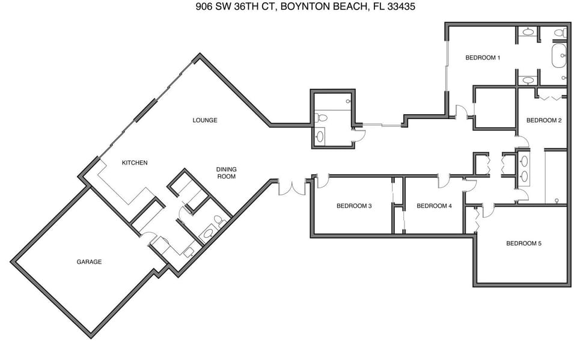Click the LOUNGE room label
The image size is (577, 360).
pos(204,120)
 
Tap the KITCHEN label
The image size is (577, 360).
pos(135,163)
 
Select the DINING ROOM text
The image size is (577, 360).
pos(226,173)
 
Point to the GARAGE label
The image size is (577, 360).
pos(89,262)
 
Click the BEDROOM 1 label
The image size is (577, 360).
pos(483,58)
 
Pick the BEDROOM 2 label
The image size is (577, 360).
pos(543,120)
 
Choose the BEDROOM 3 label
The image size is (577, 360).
pos(354,206)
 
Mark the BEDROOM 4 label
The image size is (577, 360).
pos(434,206)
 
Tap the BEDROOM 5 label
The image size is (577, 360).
pos(524,243)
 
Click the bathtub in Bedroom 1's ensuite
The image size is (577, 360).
pos(559,56)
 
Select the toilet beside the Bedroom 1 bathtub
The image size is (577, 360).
pos(559,33)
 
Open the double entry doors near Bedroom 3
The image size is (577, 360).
pos(292,188)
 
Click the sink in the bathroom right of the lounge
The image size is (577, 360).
pos(320,137)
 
